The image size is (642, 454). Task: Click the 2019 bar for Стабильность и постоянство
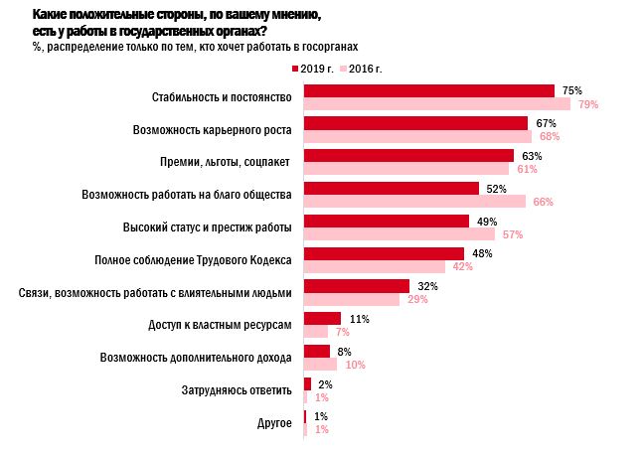click(428, 90)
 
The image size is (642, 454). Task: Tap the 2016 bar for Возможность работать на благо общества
click(414, 202)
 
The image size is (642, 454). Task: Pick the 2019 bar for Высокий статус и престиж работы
click(386, 221)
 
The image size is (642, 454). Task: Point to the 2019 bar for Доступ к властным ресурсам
click(322, 319)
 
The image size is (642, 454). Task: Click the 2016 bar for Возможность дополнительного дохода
click(320, 365)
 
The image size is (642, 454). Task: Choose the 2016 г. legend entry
click(365, 68)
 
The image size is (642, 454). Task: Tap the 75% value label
click(571, 90)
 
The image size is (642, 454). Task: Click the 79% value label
click(586, 104)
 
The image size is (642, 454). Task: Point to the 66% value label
click(543, 202)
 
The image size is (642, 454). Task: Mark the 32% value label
click(426, 286)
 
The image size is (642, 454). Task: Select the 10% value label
click(355, 365)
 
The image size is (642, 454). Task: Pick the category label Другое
click(273, 423)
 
